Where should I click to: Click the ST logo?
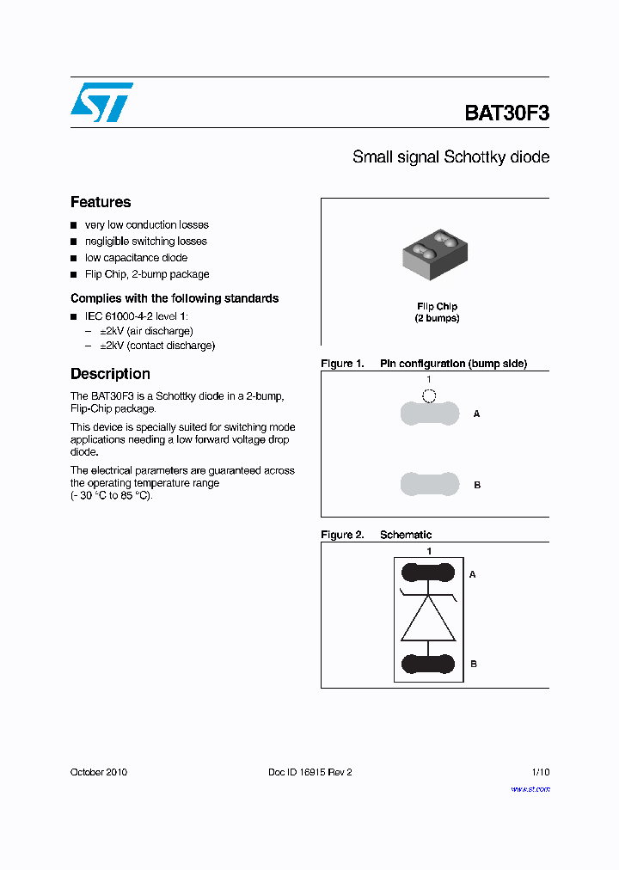101,102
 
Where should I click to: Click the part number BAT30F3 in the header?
506,113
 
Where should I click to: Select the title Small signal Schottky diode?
450,157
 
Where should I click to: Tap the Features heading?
101,202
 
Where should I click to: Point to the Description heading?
110,374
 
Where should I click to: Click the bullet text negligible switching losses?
145,242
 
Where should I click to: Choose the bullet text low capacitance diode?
136,258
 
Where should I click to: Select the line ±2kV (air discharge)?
146,331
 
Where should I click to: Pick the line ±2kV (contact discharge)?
156,346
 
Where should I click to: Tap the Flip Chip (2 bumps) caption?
437,312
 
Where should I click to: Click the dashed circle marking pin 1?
429,395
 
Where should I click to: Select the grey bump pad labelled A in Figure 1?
429,414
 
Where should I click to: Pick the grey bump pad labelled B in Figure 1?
429,484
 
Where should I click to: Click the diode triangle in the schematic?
428,619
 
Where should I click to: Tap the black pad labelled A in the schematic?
428,573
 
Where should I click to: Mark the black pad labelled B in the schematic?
428,664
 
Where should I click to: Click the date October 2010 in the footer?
99,772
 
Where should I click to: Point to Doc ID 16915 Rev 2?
310,772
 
